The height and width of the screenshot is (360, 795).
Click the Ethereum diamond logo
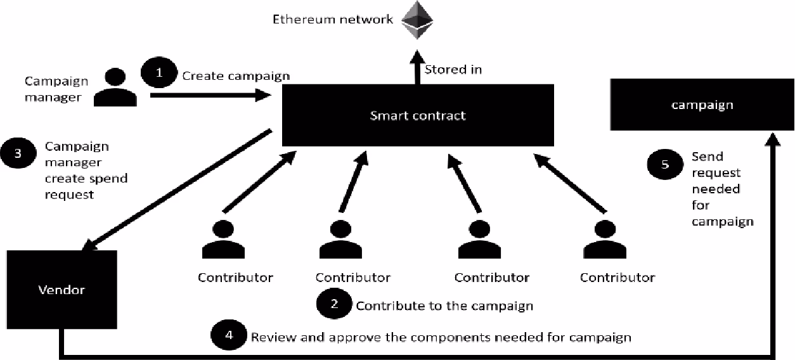[x=416, y=20]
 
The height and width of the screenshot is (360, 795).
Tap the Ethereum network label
[x=332, y=20]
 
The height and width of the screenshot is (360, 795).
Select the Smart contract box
[x=417, y=115]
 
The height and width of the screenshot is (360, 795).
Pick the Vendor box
[x=61, y=290]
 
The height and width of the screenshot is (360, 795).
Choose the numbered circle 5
[x=664, y=165]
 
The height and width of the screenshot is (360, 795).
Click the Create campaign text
[x=236, y=76]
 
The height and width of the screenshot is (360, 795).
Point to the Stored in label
[x=453, y=70]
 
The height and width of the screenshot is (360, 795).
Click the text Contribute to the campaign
[x=444, y=306]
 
